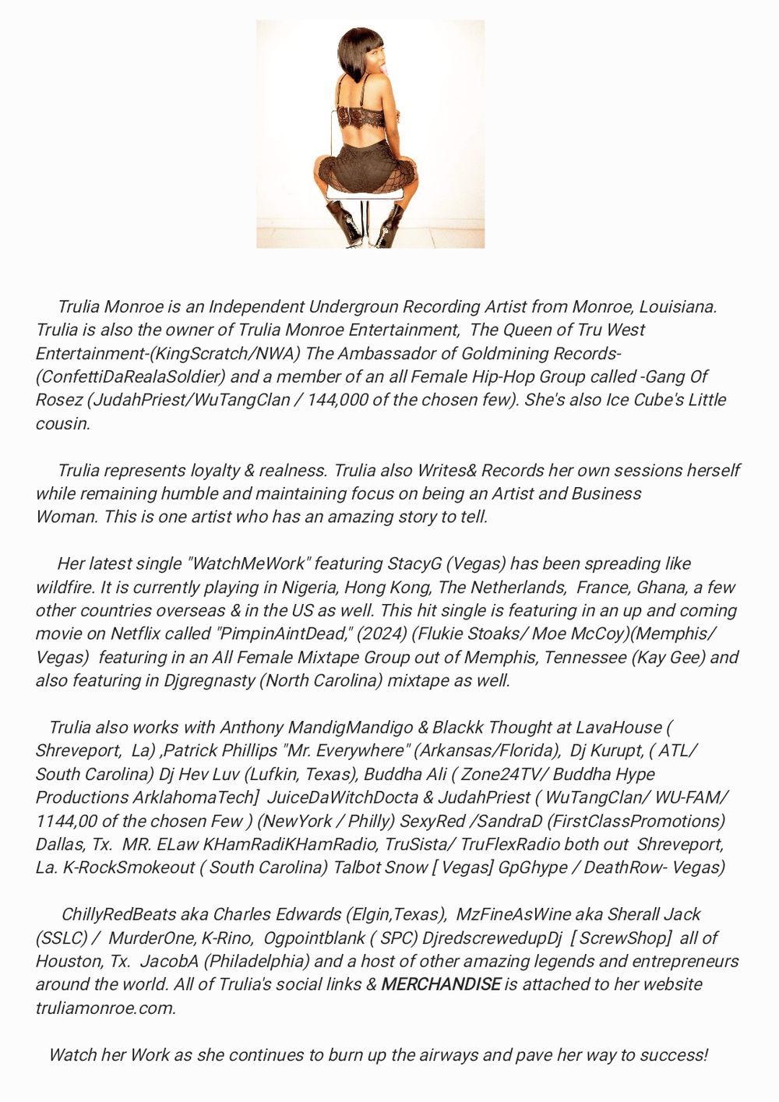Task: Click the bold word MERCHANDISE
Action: [440, 984]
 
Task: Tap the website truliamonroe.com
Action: [105, 1008]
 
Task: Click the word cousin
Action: [63, 423]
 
